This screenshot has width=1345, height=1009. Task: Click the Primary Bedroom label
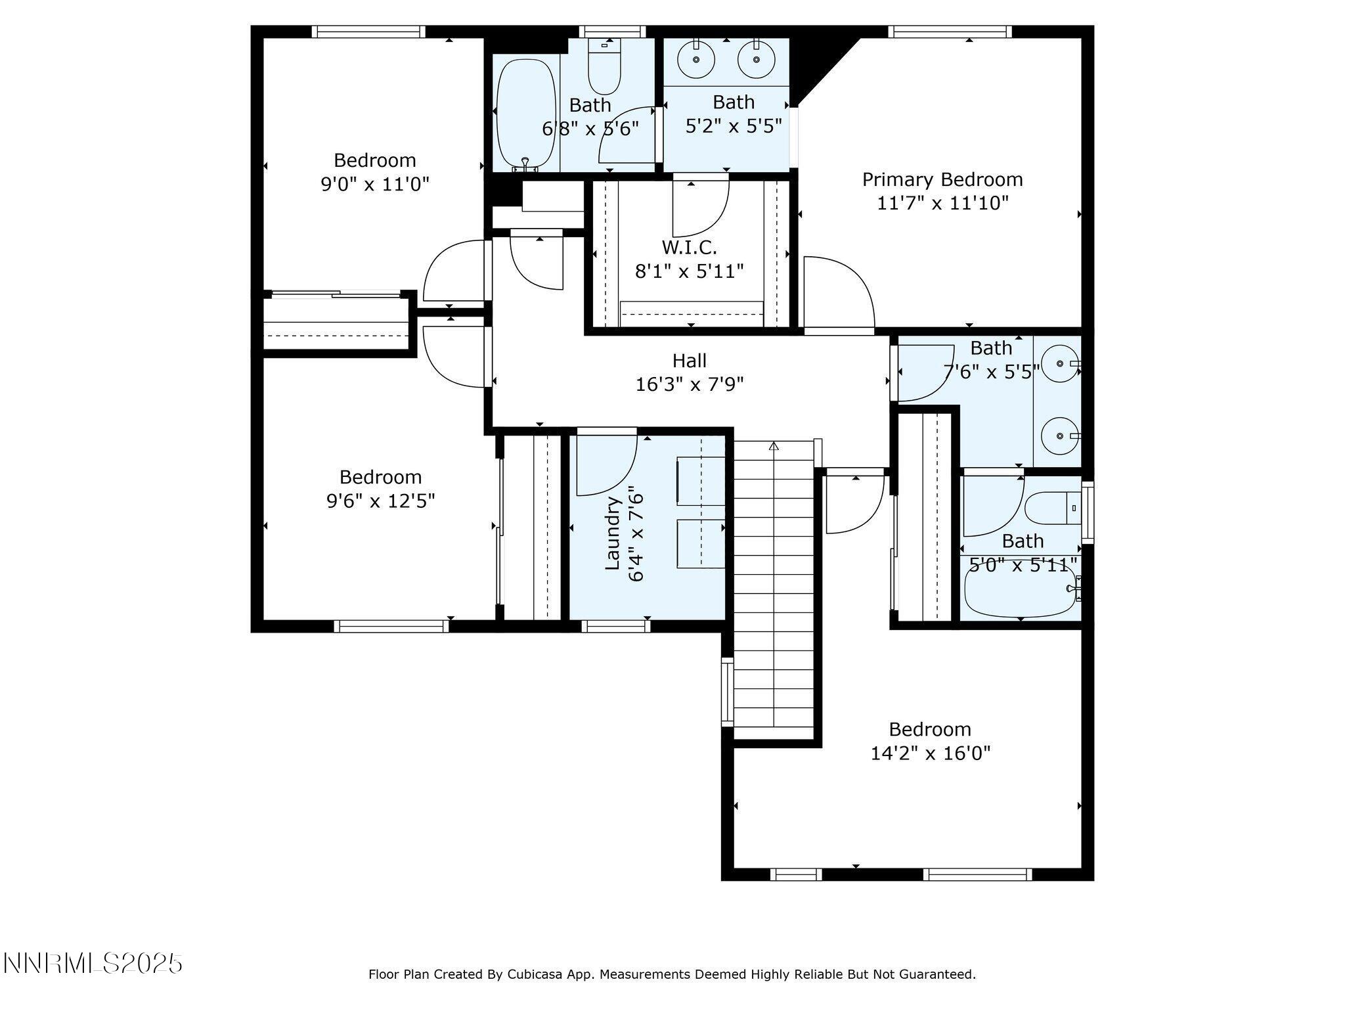tap(942, 179)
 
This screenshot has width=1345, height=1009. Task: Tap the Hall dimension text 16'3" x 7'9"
tap(689, 384)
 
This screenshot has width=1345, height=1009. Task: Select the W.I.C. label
tap(689, 248)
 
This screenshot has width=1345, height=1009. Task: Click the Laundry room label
tap(613, 533)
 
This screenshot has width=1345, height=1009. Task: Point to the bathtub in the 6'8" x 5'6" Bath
tap(525, 115)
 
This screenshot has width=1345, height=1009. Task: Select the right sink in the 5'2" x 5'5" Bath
tap(756, 59)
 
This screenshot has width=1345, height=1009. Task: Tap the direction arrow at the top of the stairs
tap(774, 447)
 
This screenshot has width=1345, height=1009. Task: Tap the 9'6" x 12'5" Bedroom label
tap(380, 477)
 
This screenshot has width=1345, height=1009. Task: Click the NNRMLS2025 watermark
tap(93, 964)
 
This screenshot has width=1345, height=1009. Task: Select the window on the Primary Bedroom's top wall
tap(950, 32)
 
